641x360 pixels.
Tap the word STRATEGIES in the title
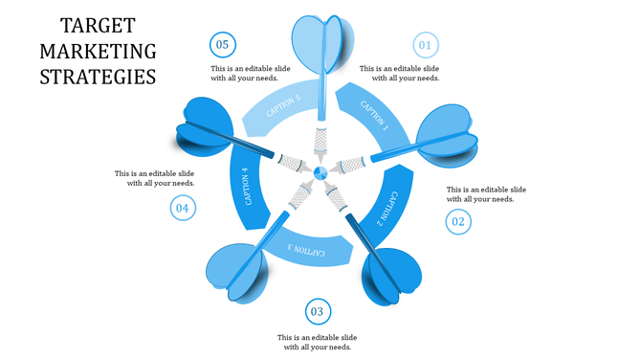click(x=99, y=76)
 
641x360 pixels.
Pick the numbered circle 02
click(x=458, y=222)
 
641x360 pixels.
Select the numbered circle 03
click(x=318, y=311)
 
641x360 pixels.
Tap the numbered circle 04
click(x=183, y=207)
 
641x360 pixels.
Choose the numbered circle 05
click(x=223, y=44)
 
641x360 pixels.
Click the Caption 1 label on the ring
click(x=374, y=113)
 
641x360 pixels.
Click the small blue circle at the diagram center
click(x=320, y=172)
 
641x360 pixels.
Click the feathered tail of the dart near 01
click(x=445, y=134)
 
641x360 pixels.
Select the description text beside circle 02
click(x=486, y=194)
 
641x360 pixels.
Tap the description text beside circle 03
click(x=317, y=343)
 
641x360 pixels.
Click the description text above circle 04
click(x=155, y=178)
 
